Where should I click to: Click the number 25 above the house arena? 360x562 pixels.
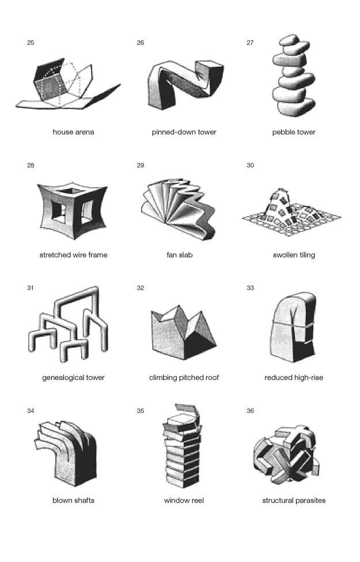click(31, 43)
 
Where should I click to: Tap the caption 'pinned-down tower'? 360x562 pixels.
click(184, 132)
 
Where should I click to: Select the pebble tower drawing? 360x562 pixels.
click(293, 76)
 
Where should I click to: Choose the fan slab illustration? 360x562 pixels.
click(179, 208)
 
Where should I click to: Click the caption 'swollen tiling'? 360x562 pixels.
click(294, 255)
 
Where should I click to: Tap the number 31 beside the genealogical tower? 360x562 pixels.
click(31, 288)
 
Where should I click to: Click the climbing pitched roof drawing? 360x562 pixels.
click(183, 333)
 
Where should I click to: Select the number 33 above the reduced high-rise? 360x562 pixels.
click(251, 288)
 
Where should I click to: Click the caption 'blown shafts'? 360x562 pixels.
click(73, 500)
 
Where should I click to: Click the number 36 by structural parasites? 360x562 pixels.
click(251, 411)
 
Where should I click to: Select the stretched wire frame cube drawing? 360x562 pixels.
click(73, 210)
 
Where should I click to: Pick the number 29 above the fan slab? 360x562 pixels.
click(141, 165)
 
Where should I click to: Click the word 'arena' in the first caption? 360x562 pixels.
click(85, 132)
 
